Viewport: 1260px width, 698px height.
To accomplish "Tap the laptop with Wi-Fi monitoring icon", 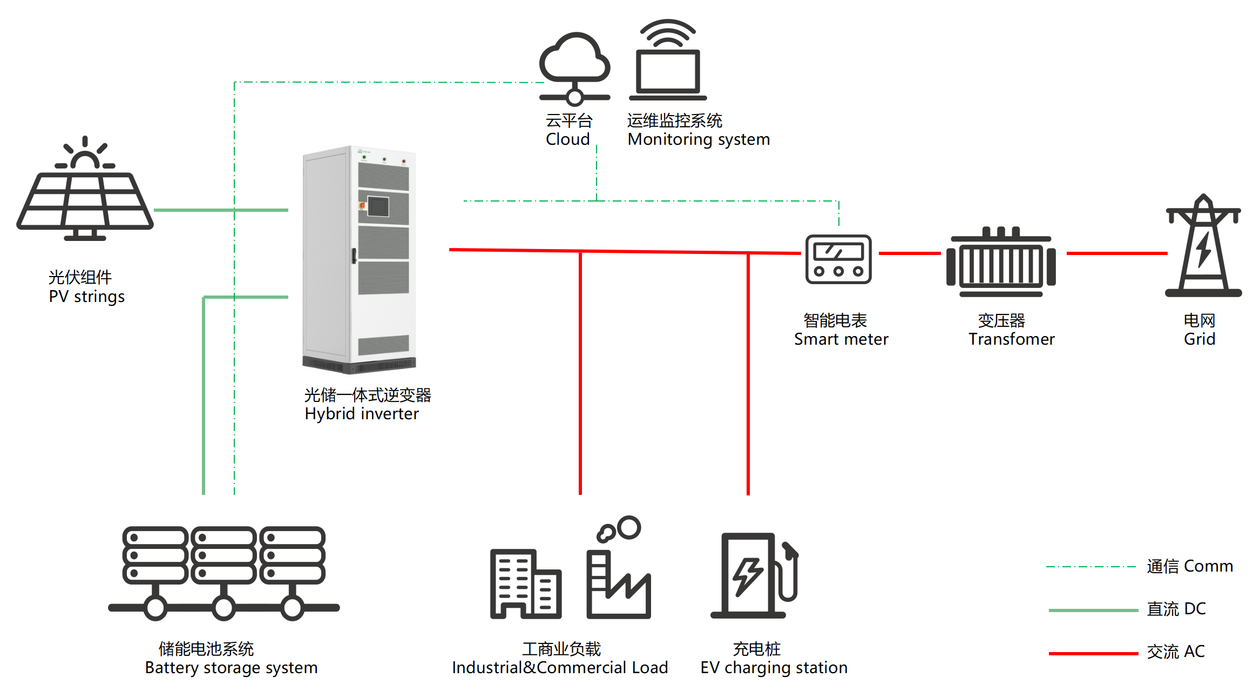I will tap(668, 62).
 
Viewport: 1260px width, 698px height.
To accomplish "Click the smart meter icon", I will tap(838, 259).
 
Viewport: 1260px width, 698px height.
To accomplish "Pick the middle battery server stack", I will tap(223, 556).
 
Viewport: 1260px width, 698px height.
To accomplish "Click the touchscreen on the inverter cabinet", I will tap(378, 206).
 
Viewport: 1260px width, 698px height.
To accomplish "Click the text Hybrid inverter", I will tap(361, 414).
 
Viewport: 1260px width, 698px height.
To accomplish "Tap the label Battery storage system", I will tap(231, 668).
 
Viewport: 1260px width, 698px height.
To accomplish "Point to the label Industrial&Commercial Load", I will tap(560, 668).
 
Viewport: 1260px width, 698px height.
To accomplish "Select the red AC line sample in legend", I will tap(1093, 653).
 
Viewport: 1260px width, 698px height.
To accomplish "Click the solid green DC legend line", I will tap(1093, 610).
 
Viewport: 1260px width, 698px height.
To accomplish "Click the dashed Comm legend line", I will tap(1090, 567).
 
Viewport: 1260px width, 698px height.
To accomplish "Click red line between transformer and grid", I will tap(1116, 253).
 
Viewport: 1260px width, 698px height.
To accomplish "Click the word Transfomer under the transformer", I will tap(1011, 339).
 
